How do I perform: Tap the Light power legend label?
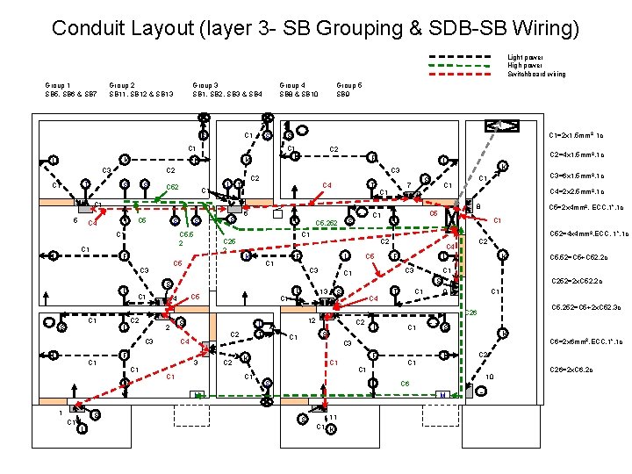tap(525, 57)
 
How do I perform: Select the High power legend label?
tap(525, 65)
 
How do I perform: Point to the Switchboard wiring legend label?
tap(536, 74)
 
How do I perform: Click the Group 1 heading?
tap(57, 85)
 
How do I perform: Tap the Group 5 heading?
tap(348, 85)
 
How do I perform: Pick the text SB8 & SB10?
tap(298, 93)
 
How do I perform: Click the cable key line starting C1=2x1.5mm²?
tap(575, 135)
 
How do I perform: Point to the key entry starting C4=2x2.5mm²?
tap(575, 190)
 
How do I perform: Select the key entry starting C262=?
tap(575, 282)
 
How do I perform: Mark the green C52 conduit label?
tap(173, 187)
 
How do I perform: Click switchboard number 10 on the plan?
tap(490, 376)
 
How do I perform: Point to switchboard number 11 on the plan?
tap(334, 417)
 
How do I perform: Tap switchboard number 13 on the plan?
tap(323, 291)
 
